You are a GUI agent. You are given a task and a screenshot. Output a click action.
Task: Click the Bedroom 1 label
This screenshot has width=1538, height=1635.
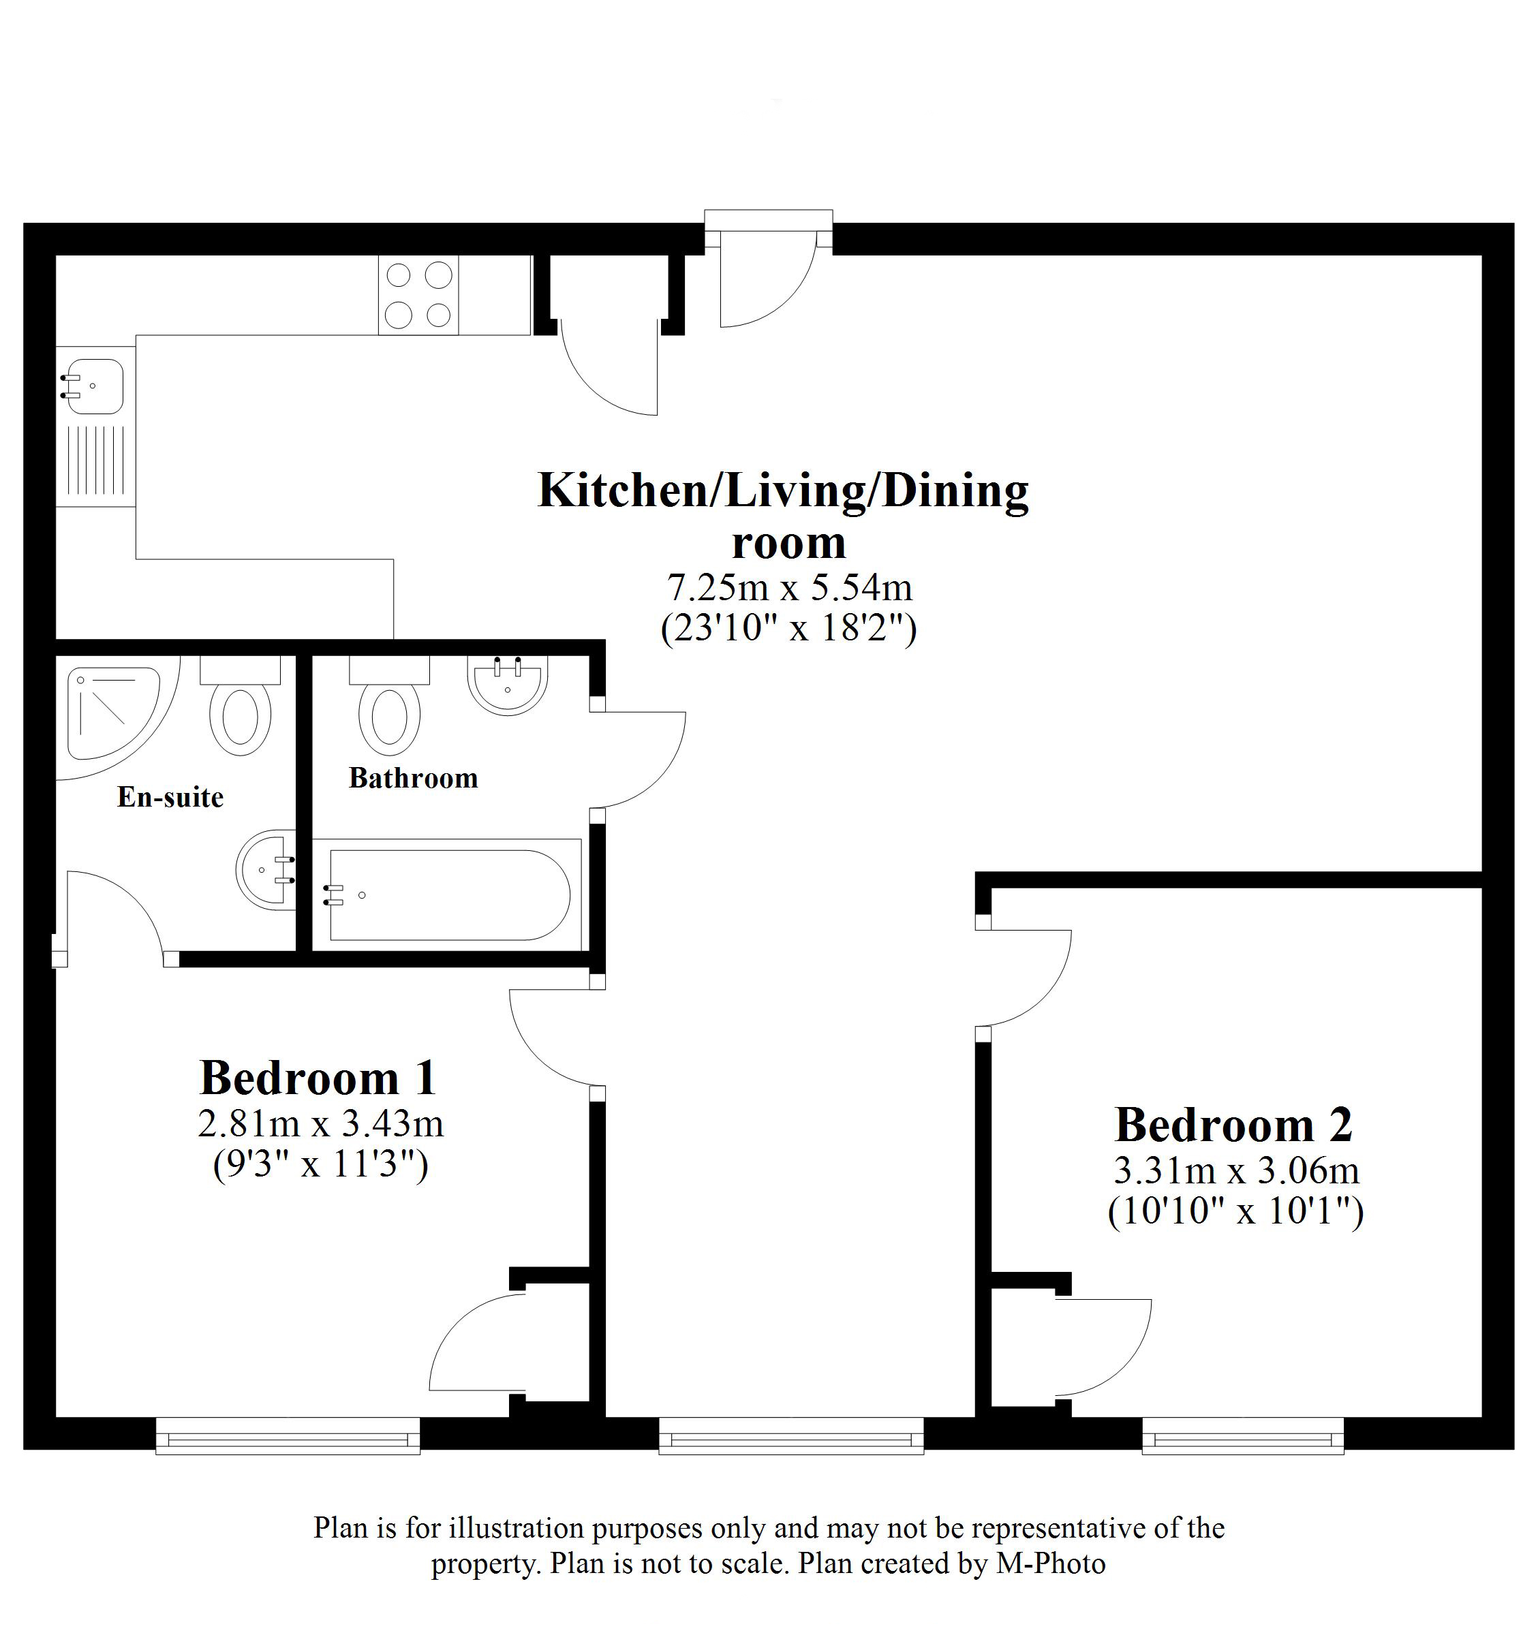tap(318, 1078)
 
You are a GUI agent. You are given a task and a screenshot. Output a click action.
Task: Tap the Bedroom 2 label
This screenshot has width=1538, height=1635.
tap(1233, 1125)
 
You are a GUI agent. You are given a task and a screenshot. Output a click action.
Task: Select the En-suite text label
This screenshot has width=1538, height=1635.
tap(170, 797)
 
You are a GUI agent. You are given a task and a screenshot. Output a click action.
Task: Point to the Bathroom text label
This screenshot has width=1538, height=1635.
tap(413, 778)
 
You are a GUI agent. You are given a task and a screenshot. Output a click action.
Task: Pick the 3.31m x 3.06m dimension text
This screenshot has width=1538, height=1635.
tap(1236, 1170)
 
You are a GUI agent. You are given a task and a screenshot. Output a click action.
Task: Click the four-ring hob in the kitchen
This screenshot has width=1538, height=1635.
tap(418, 295)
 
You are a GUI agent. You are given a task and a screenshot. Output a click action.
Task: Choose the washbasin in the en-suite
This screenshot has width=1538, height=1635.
tap(266, 870)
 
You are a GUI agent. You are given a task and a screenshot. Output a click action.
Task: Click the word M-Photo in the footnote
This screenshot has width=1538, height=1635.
tap(1051, 1563)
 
